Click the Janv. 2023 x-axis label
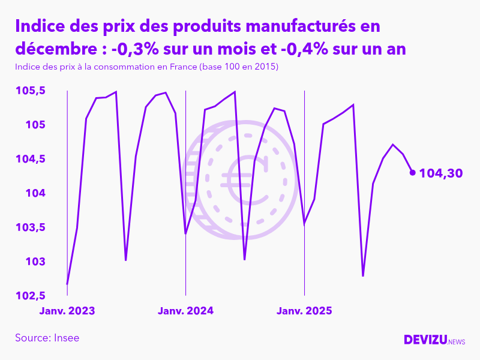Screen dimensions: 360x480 coord(67,311)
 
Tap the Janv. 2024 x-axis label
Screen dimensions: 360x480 coord(185,311)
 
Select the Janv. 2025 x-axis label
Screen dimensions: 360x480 coord(304,311)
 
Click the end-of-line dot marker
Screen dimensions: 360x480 coord(412,173)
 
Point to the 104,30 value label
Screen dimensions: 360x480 coord(441,173)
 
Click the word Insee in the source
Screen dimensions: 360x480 coord(67,338)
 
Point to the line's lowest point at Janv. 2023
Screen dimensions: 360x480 coord(67,284)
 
